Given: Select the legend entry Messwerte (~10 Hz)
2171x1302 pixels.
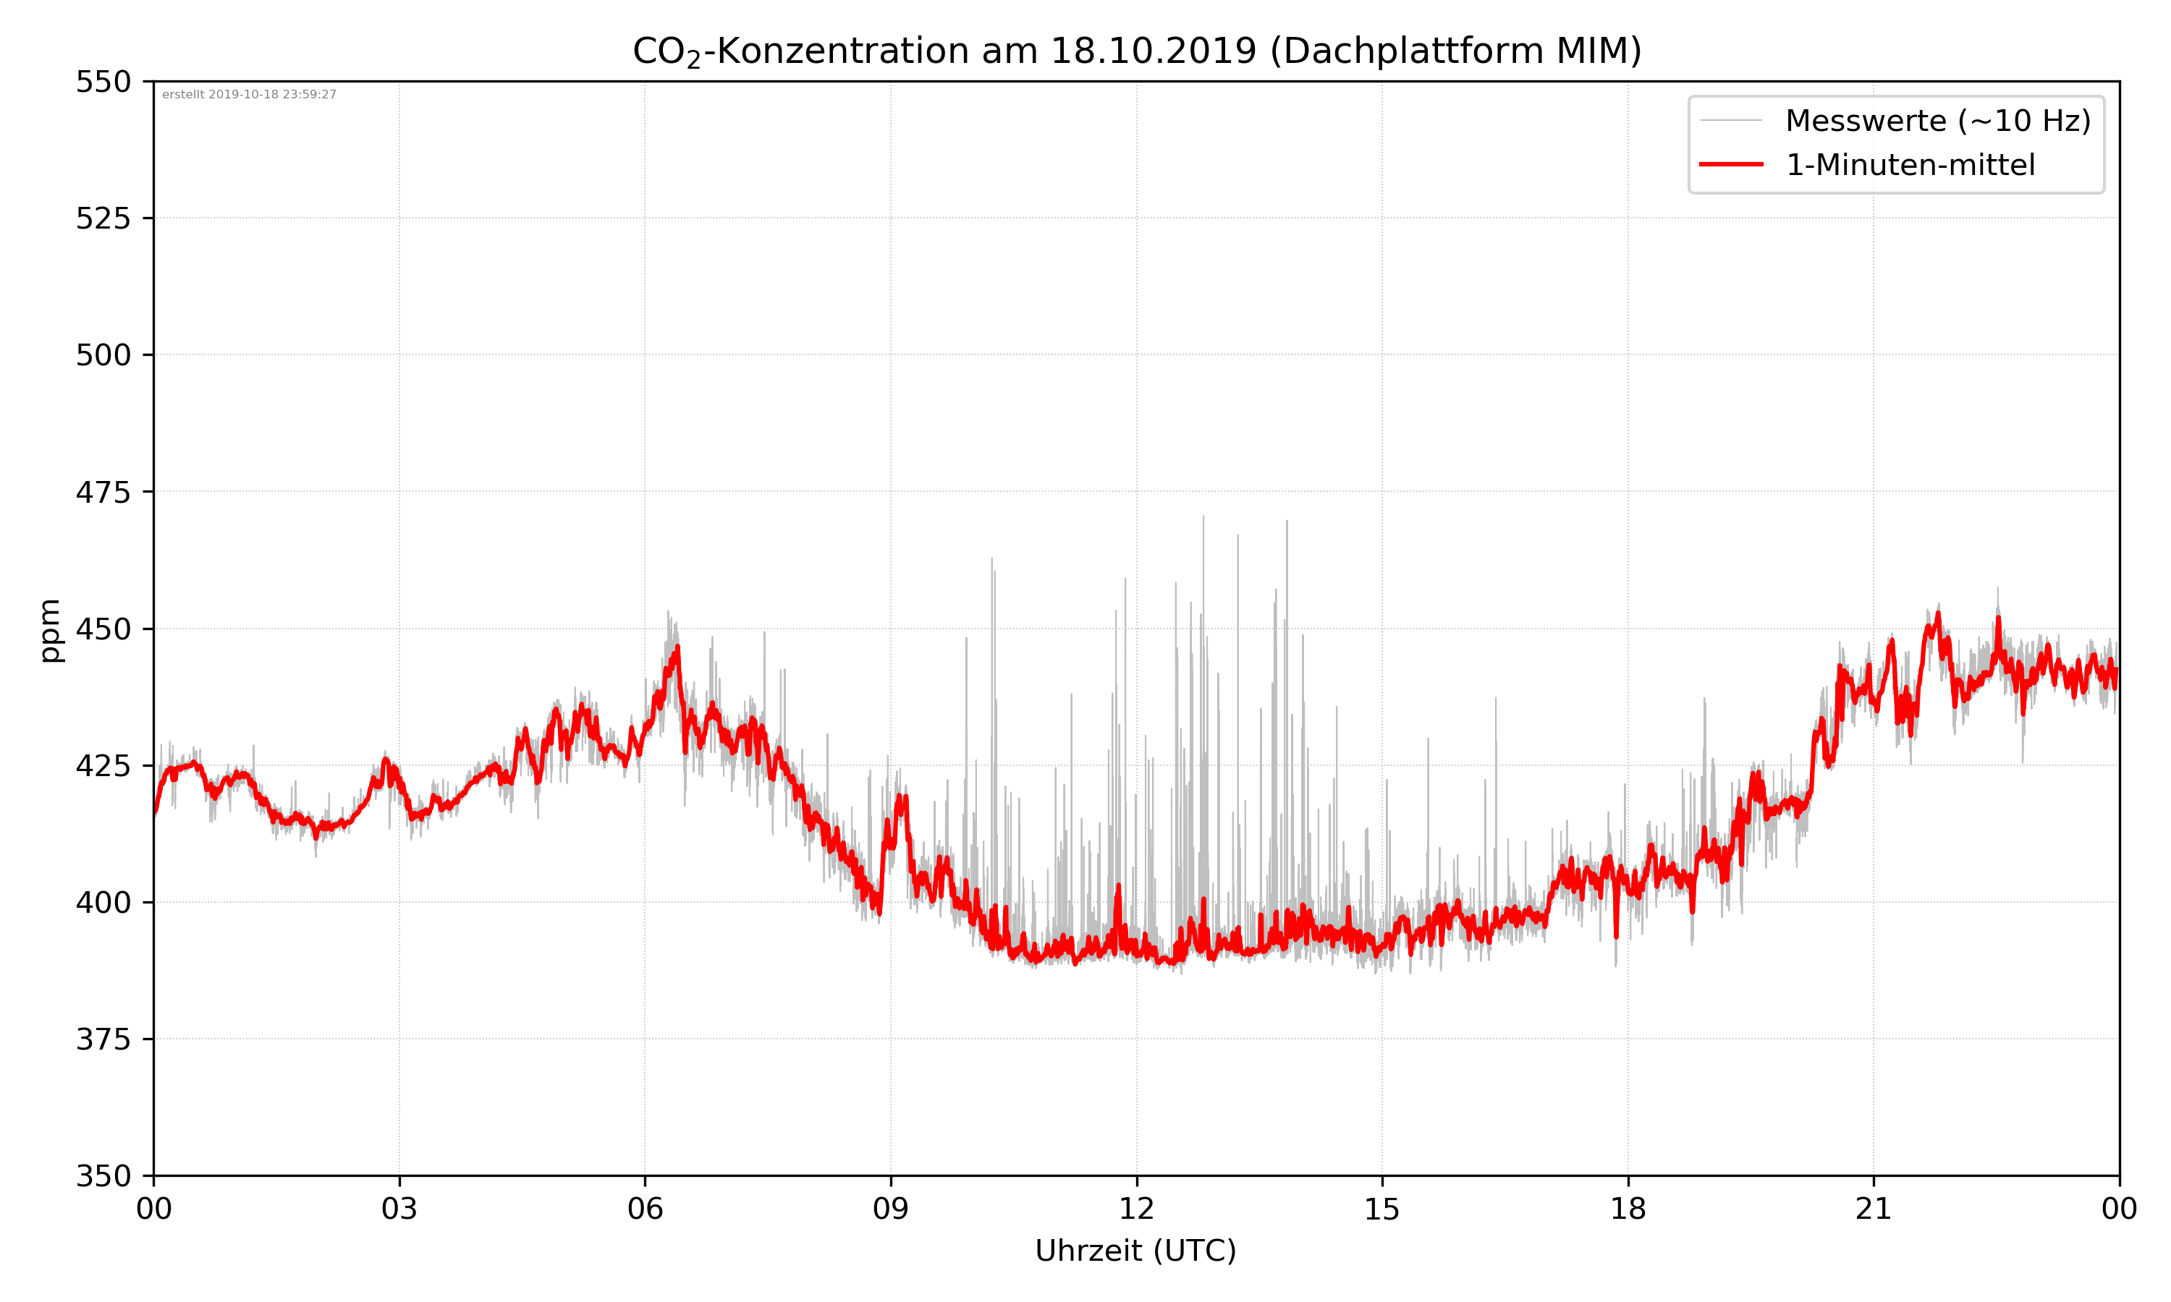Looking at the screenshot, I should [1937, 120].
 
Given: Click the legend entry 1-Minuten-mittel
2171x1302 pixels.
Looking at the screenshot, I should [1910, 165].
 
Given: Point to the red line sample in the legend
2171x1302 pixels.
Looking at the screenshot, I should [1730, 165].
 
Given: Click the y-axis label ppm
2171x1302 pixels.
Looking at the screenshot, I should [50, 630].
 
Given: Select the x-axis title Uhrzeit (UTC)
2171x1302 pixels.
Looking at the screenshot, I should [1135, 1250].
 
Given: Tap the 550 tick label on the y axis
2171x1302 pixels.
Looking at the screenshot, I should [103, 82].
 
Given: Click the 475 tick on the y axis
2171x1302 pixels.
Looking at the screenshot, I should [103, 492].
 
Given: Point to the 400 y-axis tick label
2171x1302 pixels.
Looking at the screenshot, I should [103, 903].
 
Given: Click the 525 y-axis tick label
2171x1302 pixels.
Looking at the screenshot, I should [103, 218].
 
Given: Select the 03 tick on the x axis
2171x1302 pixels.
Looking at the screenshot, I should [399, 1209].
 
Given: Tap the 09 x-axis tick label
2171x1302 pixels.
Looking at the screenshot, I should [891, 1209].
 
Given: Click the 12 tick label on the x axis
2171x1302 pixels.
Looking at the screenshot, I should [1136, 1209].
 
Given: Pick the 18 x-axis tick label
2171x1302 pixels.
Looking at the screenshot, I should [1628, 1209].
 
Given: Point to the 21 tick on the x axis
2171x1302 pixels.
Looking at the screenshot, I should [1874, 1209].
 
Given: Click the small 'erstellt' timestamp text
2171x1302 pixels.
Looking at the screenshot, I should [249, 95].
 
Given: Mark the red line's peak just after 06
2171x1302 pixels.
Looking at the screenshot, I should [677, 647].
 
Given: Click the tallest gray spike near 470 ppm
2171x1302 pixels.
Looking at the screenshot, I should [1203, 518].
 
